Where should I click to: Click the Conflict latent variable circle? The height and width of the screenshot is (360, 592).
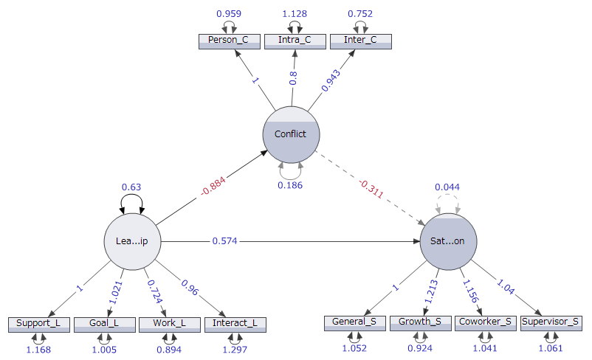(x=290, y=134)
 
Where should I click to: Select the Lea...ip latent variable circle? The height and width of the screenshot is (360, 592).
(x=133, y=241)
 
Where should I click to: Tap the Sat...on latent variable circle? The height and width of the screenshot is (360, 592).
(x=447, y=241)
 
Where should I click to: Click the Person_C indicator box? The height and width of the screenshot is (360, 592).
(x=228, y=41)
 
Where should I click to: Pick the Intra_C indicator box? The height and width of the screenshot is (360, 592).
(x=294, y=41)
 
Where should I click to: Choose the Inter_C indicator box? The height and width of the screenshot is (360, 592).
(x=360, y=41)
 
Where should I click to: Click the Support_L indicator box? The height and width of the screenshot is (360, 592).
(x=38, y=324)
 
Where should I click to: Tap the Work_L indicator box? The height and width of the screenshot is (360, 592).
(x=169, y=324)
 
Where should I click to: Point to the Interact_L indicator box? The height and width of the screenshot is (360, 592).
(x=235, y=324)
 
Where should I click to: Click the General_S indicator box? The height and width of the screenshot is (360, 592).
(x=355, y=322)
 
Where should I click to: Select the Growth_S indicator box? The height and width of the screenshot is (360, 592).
(x=420, y=322)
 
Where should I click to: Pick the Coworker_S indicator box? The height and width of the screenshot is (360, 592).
(x=485, y=322)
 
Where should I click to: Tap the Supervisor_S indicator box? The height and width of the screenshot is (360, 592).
(x=551, y=322)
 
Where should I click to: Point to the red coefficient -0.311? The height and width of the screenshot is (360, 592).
(x=370, y=188)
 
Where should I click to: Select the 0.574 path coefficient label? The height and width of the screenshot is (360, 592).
(x=224, y=241)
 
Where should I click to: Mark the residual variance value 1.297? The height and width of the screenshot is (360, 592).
(x=235, y=350)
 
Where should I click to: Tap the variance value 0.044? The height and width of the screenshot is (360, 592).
(x=447, y=187)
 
